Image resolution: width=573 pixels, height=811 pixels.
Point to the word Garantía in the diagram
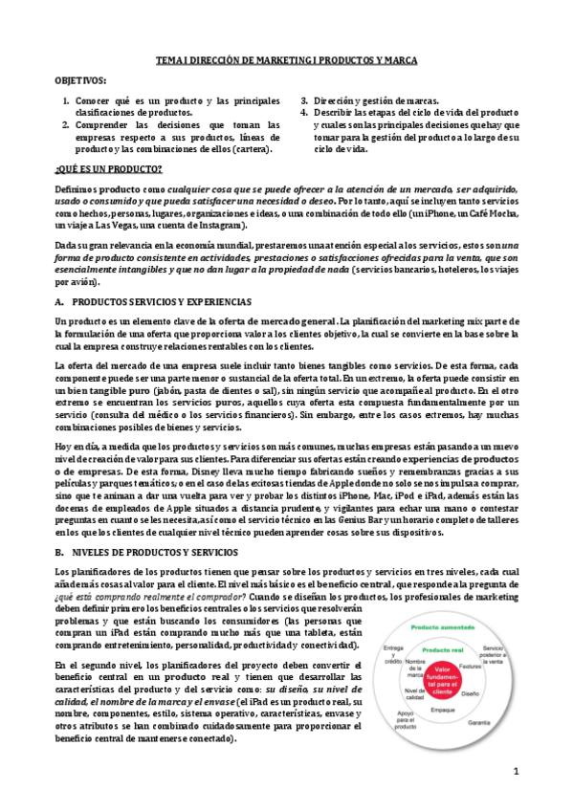point(480,722)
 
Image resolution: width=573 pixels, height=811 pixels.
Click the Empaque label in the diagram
point(442,711)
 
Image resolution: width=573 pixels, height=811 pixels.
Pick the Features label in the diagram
point(469,665)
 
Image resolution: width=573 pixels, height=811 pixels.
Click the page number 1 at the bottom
point(515,770)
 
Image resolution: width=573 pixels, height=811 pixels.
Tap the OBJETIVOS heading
point(81,81)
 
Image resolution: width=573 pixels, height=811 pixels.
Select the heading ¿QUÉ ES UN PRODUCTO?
point(108,168)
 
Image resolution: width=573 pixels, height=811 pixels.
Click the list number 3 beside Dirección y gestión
point(304,100)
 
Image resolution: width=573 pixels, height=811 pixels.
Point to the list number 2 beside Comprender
point(65,124)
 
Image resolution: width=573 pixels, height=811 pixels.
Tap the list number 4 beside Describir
point(304,112)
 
